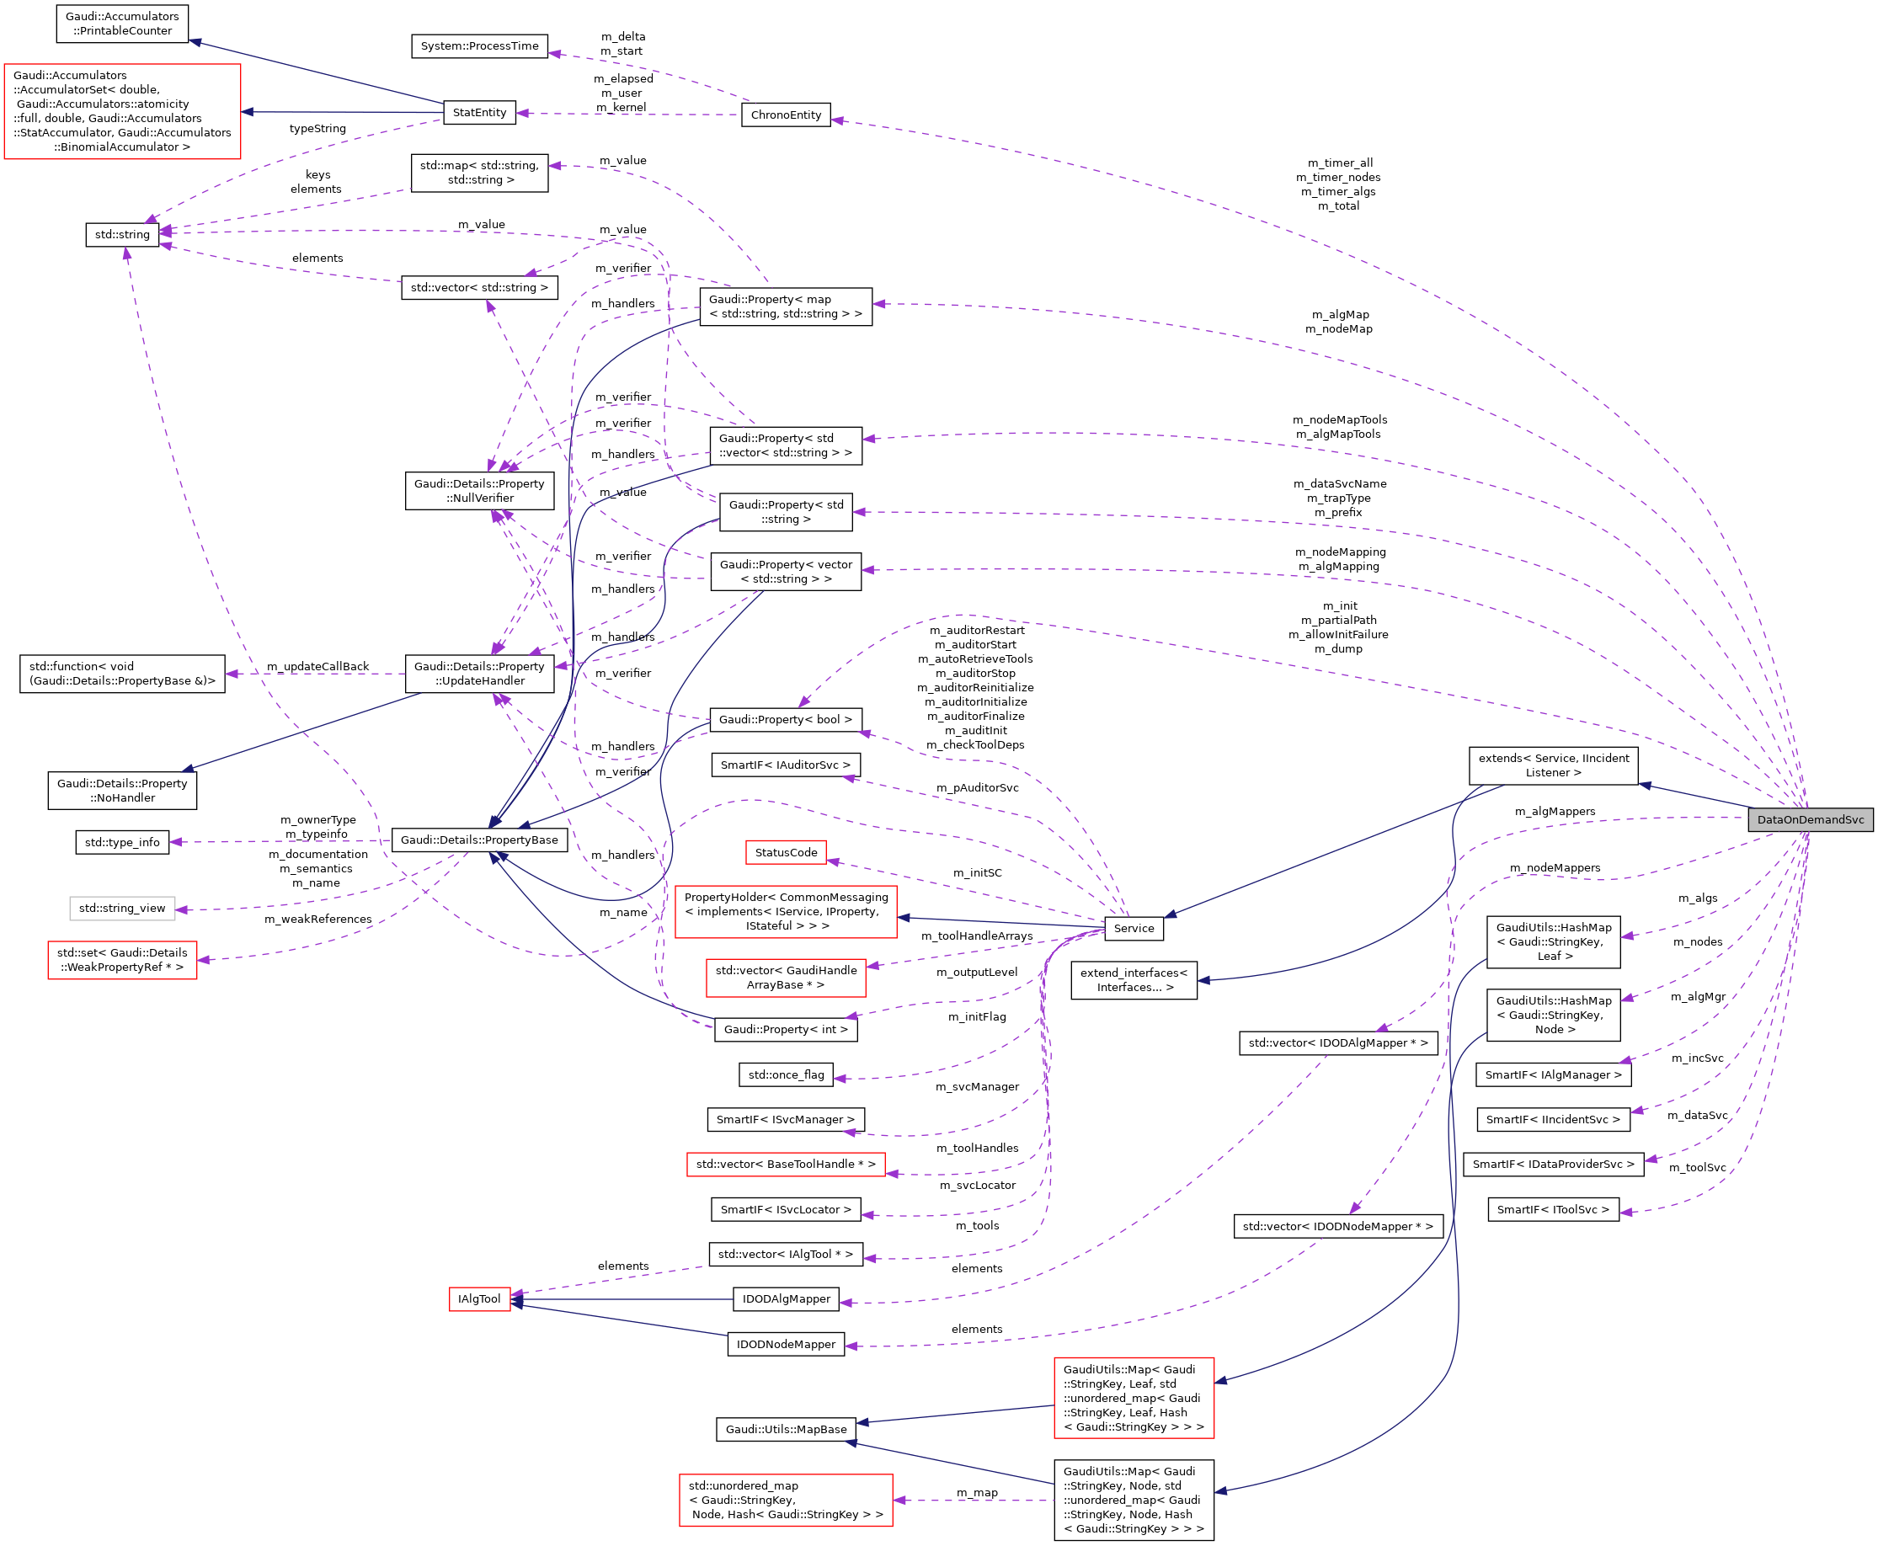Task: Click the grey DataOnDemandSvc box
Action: pyautogui.click(x=1810, y=819)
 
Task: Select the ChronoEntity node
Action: pyautogui.click(x=786, y=115)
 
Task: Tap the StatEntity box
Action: pyautogui.click(x=479, y=112)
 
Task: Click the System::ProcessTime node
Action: pyautogui.click(x=479, y=45)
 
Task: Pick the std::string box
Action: pyautogui.click(x=122, y=234)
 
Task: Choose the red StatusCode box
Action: pyautogui.click(x=786, y=852)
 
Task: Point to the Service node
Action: pyautogui.click(x=1133, y=928)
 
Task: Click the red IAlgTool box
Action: pyautogui.click(x=479, y=1299)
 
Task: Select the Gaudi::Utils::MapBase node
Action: pyautogui.click(x=786, y=1429)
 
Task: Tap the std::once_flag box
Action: pyautogui.click(x=786, y=1075)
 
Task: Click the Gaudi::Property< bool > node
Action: pyautogui.click(x=785, y=720)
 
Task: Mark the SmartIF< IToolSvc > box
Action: pyautogui.click(x=1552, y=1209)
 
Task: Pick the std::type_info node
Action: pyautogui.click(x=122, y=841)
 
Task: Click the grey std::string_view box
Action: pyautogui.click(x=122, y=909)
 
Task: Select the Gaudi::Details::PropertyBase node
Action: pyautogui.click(x=479, y=840)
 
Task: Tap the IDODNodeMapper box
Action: pyautogui.click(x=786, y=1344)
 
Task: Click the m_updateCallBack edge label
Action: pyautogui.click(x=317, y=666)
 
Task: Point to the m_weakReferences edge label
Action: pyautogui.click(x=317, y=919)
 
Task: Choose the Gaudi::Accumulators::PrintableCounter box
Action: pyautogui.click(x=122, y=23)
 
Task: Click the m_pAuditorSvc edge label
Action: pyautogui.click(x=977, y=788)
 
